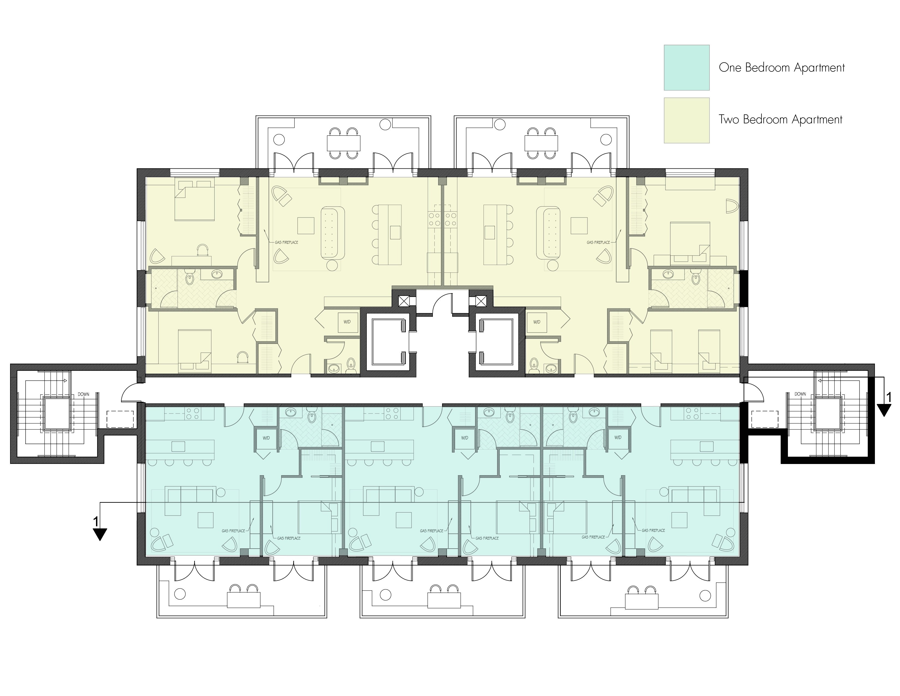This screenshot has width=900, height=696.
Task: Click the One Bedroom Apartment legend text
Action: (781, 68)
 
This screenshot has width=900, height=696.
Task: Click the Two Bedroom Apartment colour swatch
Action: (686, 120)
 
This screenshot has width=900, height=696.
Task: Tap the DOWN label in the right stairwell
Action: (800, 394)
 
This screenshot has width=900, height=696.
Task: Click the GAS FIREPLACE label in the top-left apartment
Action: (286, 242)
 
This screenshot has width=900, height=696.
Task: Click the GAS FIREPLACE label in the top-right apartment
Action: (598, 242)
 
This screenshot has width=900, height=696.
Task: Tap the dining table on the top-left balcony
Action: (343, 143)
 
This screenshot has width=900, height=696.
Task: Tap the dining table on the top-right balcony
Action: (541, 143)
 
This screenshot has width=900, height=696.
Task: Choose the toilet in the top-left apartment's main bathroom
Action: (190, 279)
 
